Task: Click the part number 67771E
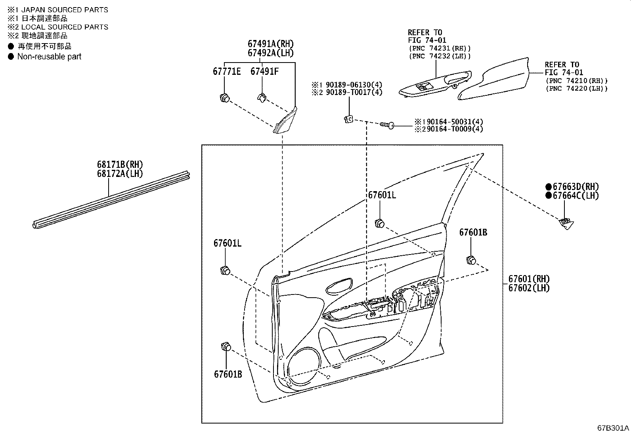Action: [x=227, y=72]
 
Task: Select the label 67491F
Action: [x=264, y=72]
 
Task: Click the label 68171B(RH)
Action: [x=120, y=164]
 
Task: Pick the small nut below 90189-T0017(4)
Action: [x=348, y=119]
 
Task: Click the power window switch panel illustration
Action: [x=435, y=84]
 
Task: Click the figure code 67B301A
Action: [x=613, y=428]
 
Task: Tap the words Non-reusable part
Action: [x=49, y=57]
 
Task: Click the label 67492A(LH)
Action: [x=271, y=53]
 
